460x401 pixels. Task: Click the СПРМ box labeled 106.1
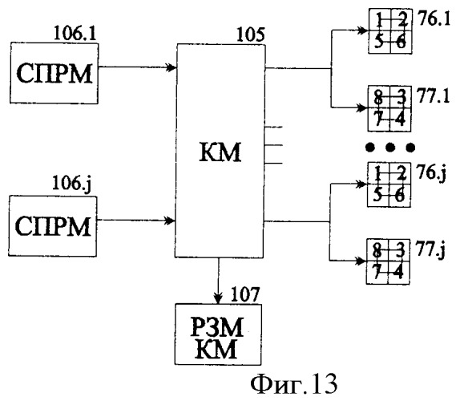(54, 73)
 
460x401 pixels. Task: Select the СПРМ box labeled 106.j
(53, 226)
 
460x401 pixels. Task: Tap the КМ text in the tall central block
(220, 152)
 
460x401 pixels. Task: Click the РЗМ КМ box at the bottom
(218, 334)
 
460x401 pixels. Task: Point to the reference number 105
(251, 34)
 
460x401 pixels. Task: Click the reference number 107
(245, 294)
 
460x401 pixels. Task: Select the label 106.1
(75, 33)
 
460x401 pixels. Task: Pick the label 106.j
(72, 184)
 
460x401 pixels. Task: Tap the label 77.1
(434, 96)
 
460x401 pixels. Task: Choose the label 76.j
(431, 173)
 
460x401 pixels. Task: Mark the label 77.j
(430, 251)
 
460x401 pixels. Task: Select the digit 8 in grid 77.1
(379, 97)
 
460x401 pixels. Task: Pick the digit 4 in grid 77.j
(398, 272)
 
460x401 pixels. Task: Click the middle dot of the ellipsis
(390, 148)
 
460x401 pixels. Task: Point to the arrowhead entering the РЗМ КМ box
(218, 299)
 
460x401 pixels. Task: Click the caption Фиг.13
(294, 384)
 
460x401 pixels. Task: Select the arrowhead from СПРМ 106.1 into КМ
(171, 67)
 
